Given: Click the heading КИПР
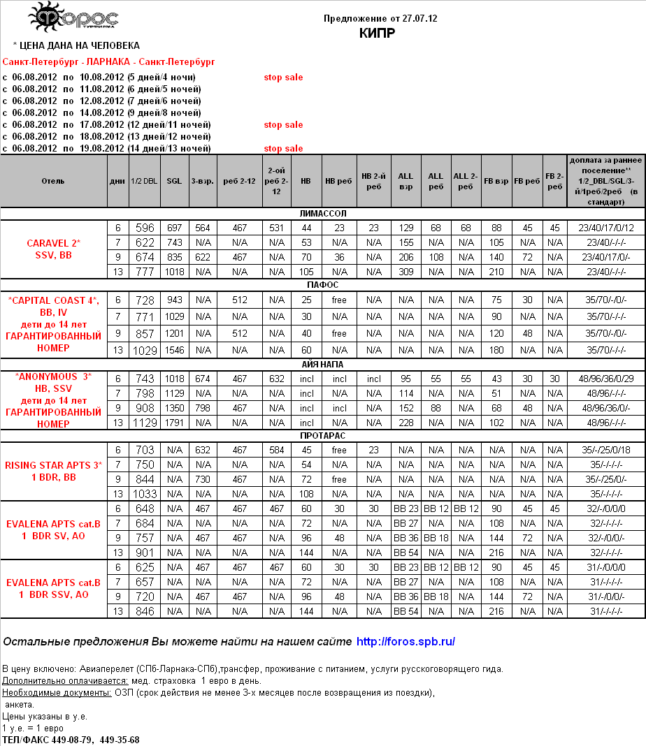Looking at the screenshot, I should click(378, 33).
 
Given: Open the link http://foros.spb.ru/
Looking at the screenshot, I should click(406, 641).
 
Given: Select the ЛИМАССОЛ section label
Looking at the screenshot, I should click(322, 214).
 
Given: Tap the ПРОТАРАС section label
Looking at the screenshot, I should click(322, 436).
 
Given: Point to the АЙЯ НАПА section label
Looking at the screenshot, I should click(322, 364).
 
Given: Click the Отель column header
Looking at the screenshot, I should click(53, 181).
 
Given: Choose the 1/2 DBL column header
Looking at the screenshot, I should click(144, 181).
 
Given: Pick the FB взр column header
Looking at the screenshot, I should click(496, 181).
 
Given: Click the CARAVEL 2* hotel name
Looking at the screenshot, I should click(54, 243).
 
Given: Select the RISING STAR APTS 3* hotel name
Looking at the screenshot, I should click(54, 465).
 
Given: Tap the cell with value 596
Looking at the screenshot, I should click(145, 228).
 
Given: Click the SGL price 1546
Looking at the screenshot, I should click(174, 350).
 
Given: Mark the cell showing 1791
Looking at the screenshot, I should click(174, 423).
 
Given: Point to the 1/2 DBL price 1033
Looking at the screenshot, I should click(145, 494).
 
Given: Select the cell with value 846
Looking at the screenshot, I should click(145, 611).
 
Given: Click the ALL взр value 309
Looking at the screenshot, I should click(406, 272).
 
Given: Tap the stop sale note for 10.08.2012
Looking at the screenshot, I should click(283, 78).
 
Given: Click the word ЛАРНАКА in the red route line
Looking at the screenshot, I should click(108, 62).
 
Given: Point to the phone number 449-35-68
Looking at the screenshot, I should click(120, 740).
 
